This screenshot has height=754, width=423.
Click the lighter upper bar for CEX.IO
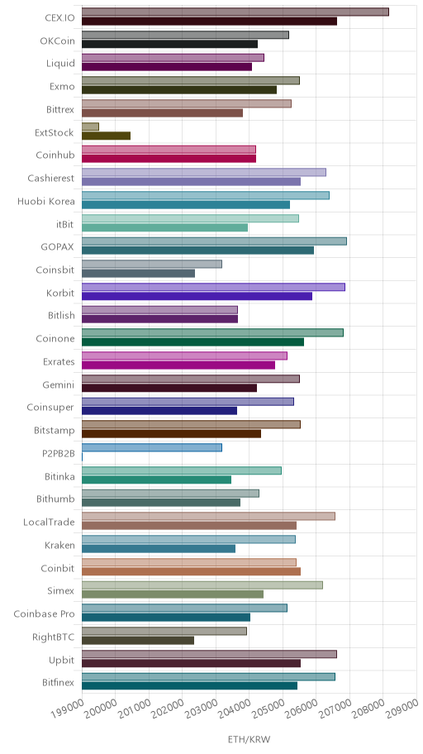click(235, 12)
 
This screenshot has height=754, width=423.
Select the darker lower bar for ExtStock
click(106, 136)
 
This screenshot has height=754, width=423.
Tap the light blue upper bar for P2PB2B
click(152, 448)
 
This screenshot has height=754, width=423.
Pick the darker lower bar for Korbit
click(197, 296)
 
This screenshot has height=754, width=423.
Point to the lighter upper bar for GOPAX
click(214, 241)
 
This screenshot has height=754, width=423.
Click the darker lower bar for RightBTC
click(138, 641)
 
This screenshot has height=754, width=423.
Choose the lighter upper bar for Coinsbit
click(152, 264)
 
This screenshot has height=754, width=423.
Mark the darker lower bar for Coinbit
click(192, 571)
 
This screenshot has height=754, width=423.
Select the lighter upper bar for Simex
click(202, 585)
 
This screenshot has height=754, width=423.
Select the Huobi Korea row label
click(46, 201)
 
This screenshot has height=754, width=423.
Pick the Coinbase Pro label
click(45, 614)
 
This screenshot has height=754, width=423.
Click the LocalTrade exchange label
click(49, 523)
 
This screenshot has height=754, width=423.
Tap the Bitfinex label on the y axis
click(58, 683)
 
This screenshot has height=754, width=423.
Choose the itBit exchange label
click(65, 224)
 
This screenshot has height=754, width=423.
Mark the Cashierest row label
click(51, 179)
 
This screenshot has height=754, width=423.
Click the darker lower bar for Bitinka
click(156, 480)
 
